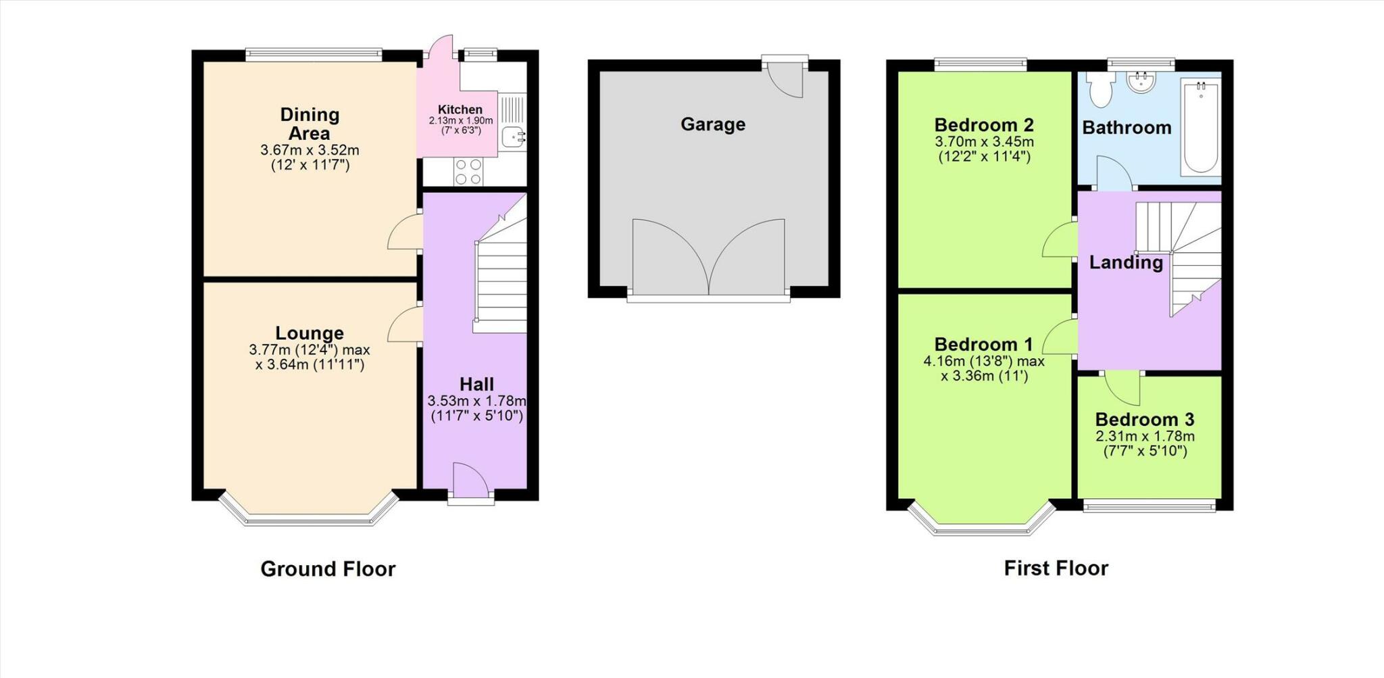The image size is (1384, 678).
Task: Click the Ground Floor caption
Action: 328,569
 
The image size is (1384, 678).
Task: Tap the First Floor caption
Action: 1056,568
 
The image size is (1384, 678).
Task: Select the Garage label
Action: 712,124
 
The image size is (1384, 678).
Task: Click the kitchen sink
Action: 514,137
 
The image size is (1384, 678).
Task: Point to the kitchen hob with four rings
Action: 468,171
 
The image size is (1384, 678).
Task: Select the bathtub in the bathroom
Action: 1201,126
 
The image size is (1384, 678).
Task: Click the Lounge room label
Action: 310,333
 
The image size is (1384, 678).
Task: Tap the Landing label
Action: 1125,262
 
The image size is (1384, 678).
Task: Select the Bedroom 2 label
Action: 984,125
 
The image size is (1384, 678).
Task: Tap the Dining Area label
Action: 310,124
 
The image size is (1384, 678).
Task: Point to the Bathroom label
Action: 1127,128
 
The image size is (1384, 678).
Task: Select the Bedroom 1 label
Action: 983,345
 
